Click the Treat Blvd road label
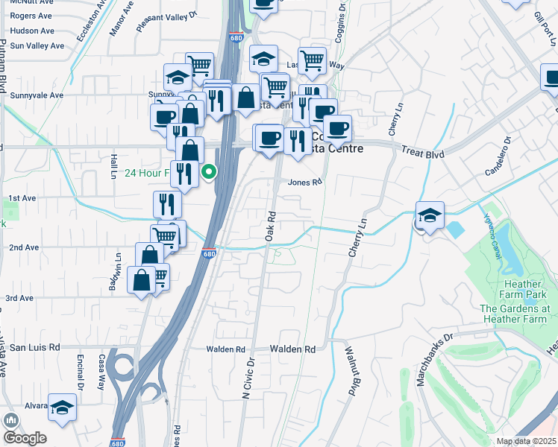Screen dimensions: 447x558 (x=422, y=153)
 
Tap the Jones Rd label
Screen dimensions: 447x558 (x=304, y=182)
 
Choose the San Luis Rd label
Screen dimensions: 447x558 (x=34, y=347)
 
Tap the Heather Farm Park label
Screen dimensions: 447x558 (x=523, y=290)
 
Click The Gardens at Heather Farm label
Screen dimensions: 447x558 (x=515, y=314)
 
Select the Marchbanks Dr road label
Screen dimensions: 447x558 (x=426, y=361)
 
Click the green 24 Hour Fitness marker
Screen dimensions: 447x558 (x=210, y=174)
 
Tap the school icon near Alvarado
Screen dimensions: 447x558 (x=63, y=408)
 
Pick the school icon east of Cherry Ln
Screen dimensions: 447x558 (x=430, y=215)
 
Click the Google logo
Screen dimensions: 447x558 (x=25, y=438)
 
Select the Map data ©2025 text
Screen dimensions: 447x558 (x=526, y=441)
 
